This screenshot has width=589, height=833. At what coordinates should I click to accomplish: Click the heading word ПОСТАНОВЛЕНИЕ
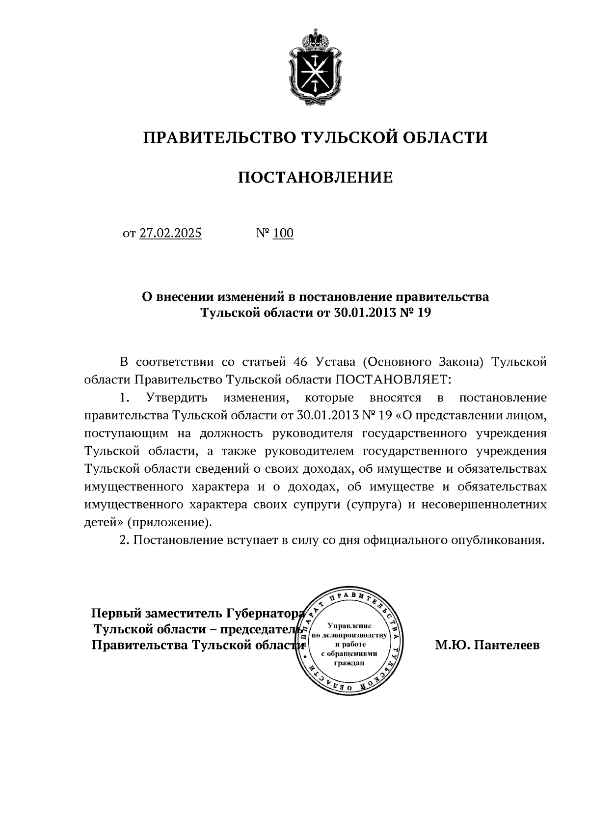point(315,177)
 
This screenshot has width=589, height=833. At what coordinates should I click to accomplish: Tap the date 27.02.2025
point(170,233)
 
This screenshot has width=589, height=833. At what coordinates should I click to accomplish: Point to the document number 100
point(283,233)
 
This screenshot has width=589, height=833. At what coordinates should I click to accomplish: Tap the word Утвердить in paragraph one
point(174,397)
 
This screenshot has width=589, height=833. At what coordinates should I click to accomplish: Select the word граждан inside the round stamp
point(349,663)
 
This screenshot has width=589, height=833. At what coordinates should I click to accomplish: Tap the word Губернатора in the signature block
point(265,613)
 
